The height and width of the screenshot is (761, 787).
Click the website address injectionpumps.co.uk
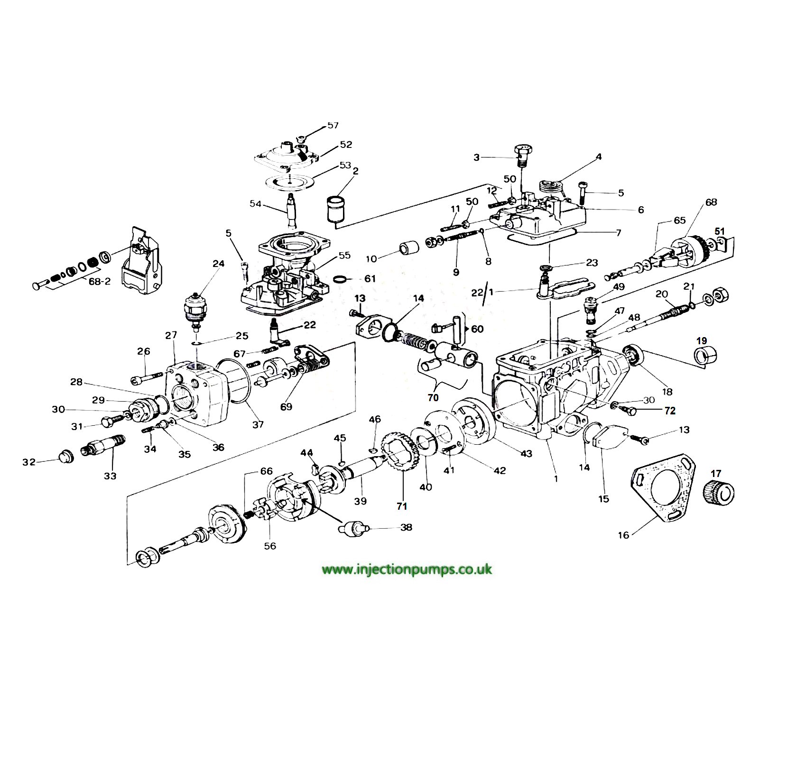(407, 569)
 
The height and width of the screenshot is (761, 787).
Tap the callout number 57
(333, 126)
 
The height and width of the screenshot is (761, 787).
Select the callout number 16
(623, 535)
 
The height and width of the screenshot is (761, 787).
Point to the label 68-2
(100, 282)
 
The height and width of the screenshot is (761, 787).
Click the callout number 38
(406, 527)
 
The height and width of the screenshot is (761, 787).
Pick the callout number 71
(402, 506)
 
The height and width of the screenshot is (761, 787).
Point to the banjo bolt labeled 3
(523, 155)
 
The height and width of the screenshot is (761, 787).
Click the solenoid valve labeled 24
(196, 309)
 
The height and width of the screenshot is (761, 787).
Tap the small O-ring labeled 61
(340, 280)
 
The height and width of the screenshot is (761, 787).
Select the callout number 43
(527, 454)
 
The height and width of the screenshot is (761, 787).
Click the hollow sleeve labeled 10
(409, 248)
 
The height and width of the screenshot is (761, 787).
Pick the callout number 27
(171, 336)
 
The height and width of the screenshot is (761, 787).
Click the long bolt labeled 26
(147, 378)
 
